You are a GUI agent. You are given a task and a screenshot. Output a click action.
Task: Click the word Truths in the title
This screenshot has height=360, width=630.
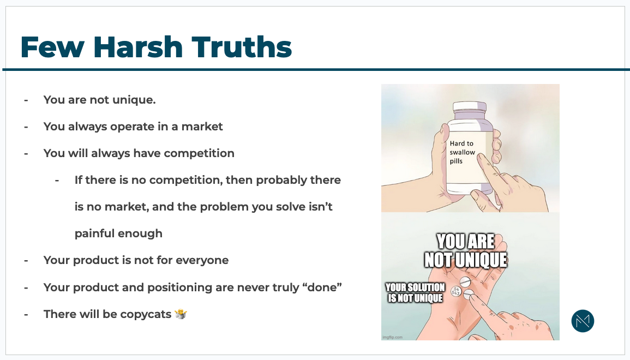[x=242, y=47]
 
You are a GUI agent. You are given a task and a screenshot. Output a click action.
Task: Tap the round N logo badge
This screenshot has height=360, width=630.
[x=583, y=321]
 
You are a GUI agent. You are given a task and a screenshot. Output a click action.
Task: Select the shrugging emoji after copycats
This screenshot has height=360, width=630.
[x=181, y=314]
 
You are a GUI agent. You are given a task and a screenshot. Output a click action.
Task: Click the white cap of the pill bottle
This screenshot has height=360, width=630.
[x=469, y=107]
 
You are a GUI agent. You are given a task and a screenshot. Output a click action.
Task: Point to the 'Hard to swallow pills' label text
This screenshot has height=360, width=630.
[x=462, y=152]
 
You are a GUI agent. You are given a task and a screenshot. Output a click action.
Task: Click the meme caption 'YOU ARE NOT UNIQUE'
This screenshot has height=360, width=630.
[x=466, y=251]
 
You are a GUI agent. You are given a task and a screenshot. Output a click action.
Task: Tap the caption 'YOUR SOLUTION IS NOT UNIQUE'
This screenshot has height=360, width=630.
[x=415, y=292]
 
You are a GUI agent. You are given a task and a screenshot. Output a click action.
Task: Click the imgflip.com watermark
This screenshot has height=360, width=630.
[x=393, y=337]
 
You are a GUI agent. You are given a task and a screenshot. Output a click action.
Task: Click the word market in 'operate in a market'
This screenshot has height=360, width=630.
[x=202, y=127]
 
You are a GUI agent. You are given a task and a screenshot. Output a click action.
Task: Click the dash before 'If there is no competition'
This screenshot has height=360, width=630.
[x=57, y=181]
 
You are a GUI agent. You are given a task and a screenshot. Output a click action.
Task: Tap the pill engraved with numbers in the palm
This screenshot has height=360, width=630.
[x=455, y=291]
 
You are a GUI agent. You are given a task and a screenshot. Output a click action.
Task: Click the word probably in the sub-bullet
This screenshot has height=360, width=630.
[x=275, y=181]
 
